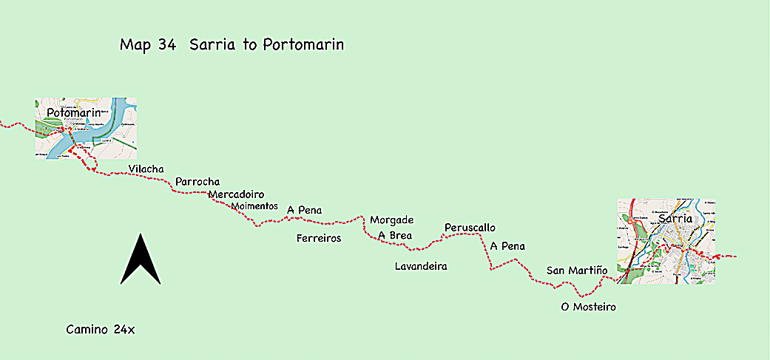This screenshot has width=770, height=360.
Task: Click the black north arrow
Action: (x=141, y=260)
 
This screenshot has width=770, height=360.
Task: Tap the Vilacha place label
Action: (x=146, y=169)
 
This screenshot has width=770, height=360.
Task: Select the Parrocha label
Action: (x=197, y=182)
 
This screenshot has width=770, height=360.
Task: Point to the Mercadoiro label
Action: (x=236, y=194)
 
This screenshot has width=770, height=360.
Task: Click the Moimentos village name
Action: (x=254, y=206)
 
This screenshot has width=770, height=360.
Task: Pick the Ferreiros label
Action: (x=319, y=238)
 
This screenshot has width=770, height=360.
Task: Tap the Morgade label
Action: (x=391, y=220)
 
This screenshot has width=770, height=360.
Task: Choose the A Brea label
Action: (x=394, y=235)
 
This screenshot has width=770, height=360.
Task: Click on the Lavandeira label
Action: (x=421, y=265)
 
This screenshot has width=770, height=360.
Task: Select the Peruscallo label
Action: (x=470, y=227)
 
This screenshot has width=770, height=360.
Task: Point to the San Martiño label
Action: (x=576, y=271)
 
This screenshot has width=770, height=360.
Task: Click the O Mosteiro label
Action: (x=589, y=307)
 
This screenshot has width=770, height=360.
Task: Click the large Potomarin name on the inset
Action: (x=73, y=112)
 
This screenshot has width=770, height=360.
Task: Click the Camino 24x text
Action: (x=100, y=329)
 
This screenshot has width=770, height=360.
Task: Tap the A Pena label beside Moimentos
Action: (x=304, y=210)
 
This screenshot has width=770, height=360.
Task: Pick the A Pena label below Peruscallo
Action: (x=507, y=245)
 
